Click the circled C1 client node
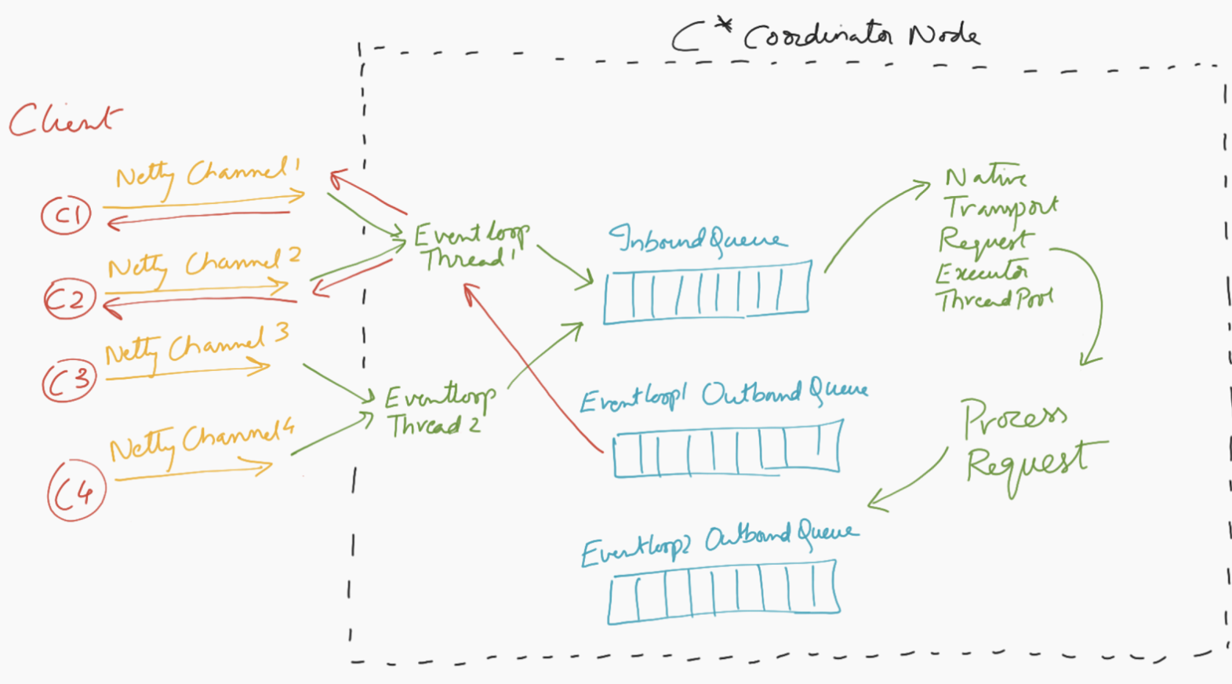coord(67,215)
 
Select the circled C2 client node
coord(69,299)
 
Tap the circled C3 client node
coord(70,380)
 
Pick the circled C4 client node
coord(76,491)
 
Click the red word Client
coord(65,120)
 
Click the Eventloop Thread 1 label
coord(471,246)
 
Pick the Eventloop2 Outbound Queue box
coord(723,591)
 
